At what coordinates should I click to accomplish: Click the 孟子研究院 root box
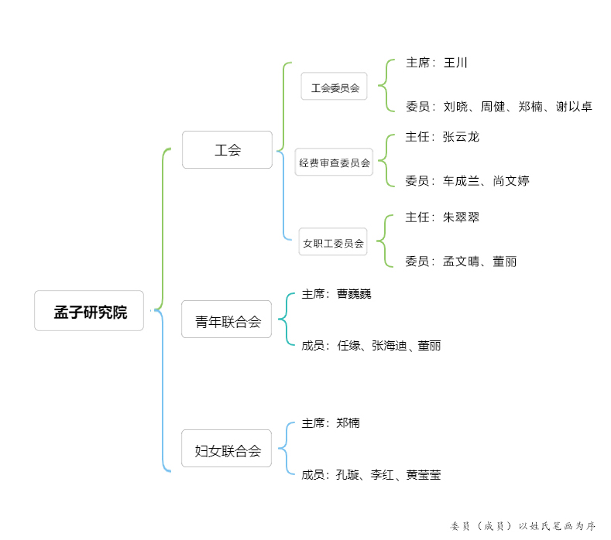click(x=89, y=311)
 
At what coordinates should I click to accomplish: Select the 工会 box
click(x=227, y=150)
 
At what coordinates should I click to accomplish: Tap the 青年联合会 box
click(x=226, y=320)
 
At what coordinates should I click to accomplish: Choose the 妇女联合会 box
click(x=226, y=449)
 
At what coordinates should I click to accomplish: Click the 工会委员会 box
click(x=334, y=86)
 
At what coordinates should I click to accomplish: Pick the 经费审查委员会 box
click(x=334, y=162)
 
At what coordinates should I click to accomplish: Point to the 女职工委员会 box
click(x=333, y=242)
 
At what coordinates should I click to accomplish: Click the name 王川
click(x=455, y=63)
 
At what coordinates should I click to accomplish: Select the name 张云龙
click(x=461, y=137)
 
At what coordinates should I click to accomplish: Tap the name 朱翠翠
click(x=461, y=217)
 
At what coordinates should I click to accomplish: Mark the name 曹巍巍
click(x=354, y=294)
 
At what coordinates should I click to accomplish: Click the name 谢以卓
click(x=574, y=106)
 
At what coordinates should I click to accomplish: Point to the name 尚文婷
click(x=511, y=181)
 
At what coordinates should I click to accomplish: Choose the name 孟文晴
click(x=461, y=261)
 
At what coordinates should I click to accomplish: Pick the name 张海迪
click(x=390, y=345)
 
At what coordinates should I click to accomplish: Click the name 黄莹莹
click(x=423, y=474)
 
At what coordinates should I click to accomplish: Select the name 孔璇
click(x=348, y=474)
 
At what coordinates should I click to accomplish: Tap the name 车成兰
click(x=461, y=181)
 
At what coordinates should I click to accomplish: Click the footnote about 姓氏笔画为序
click(x=523, y=526)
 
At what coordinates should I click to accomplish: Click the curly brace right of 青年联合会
click(x=286, y=320)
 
